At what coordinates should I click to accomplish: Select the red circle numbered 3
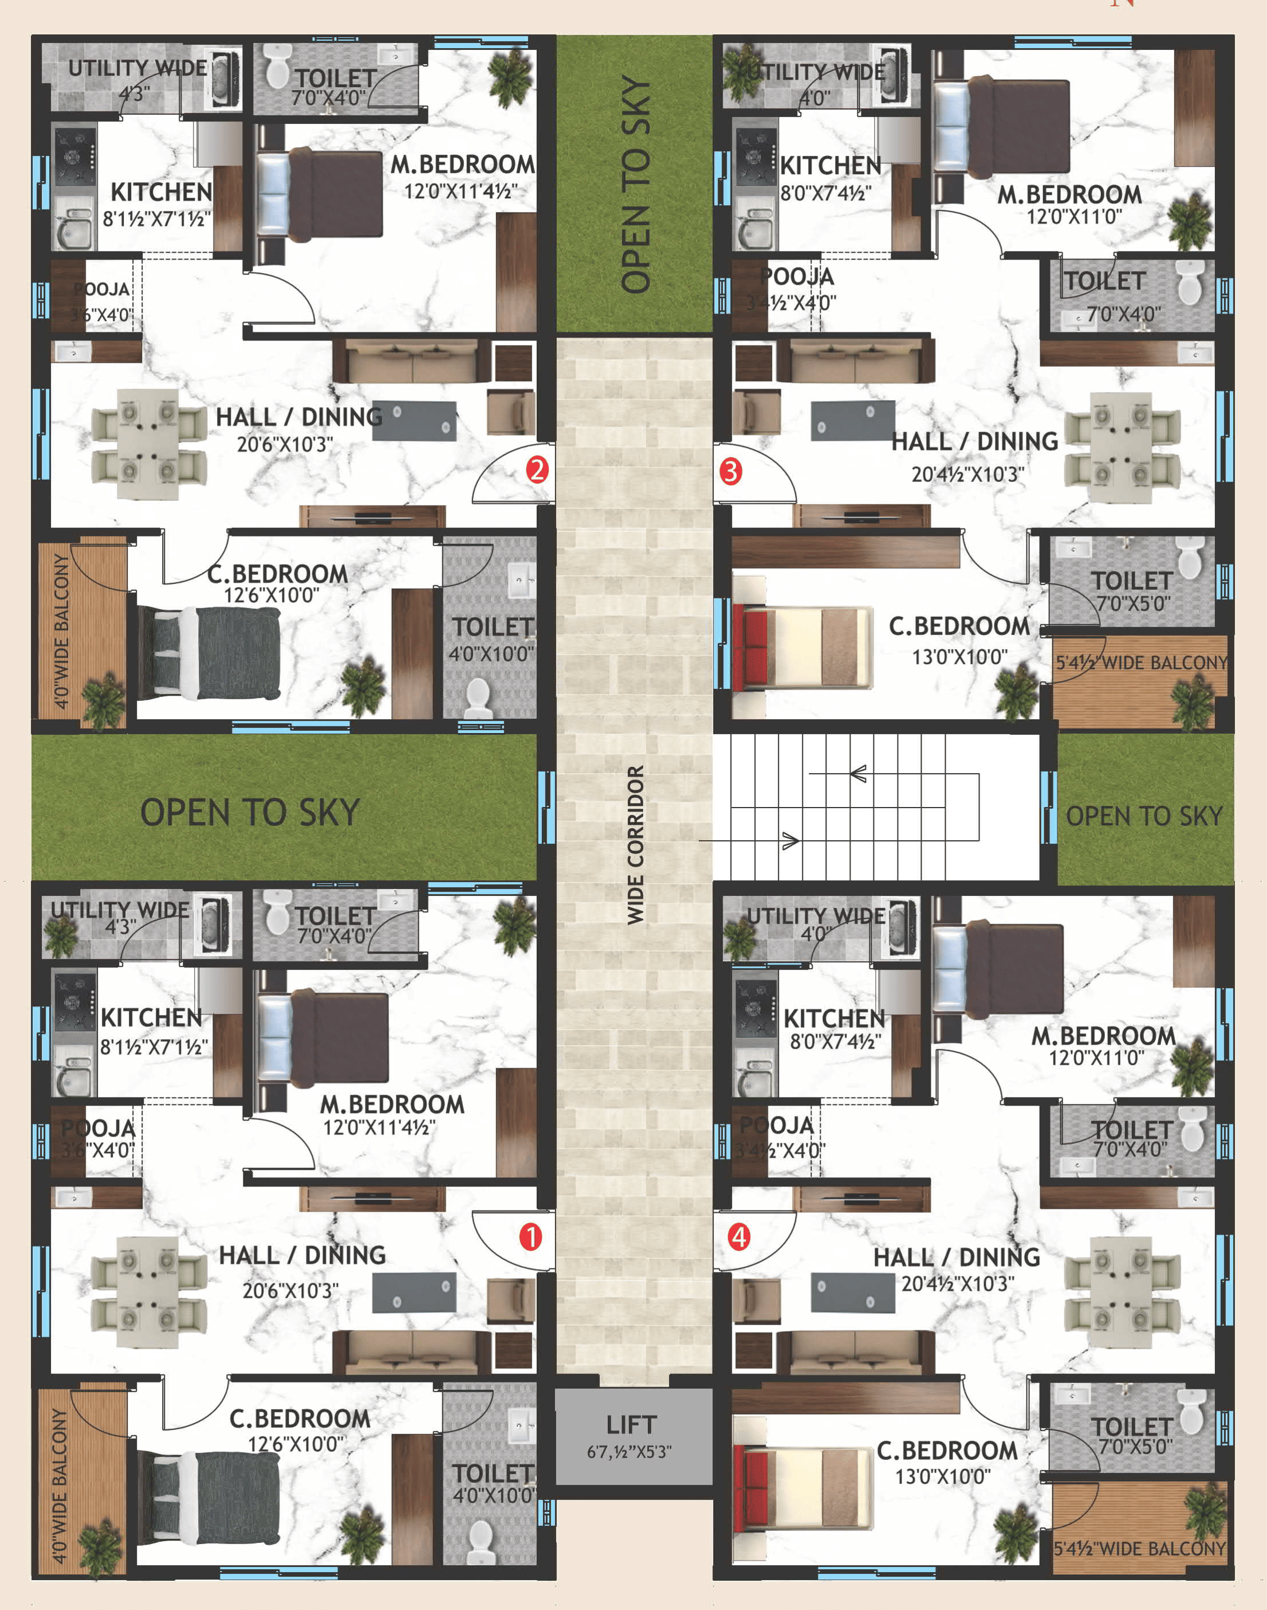[x=731, y=471]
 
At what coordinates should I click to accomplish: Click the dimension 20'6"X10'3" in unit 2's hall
[x=285, y=445]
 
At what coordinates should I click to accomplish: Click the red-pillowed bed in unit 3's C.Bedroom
[x=801, y=646]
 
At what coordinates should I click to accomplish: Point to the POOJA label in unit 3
[x=797, y=277]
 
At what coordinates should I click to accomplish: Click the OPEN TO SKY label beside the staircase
[x=1143, y=816]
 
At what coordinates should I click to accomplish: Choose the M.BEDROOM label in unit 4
[x=1103, y=1036]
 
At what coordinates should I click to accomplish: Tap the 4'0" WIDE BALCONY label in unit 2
[x=61, y=631]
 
